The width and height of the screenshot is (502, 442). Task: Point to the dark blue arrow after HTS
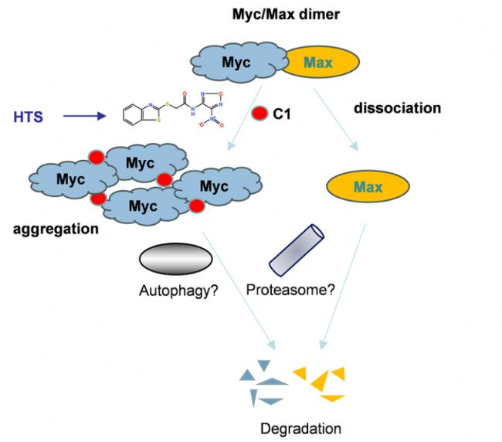click(x=84, y=117)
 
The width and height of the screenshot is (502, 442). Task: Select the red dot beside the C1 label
click(x=260, y=114)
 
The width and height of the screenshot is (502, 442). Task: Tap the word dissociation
click(x=397, y=108)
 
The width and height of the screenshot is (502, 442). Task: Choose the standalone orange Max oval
click(x=368, y=187)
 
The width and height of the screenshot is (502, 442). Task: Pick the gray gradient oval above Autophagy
click(x=175, y=258)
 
